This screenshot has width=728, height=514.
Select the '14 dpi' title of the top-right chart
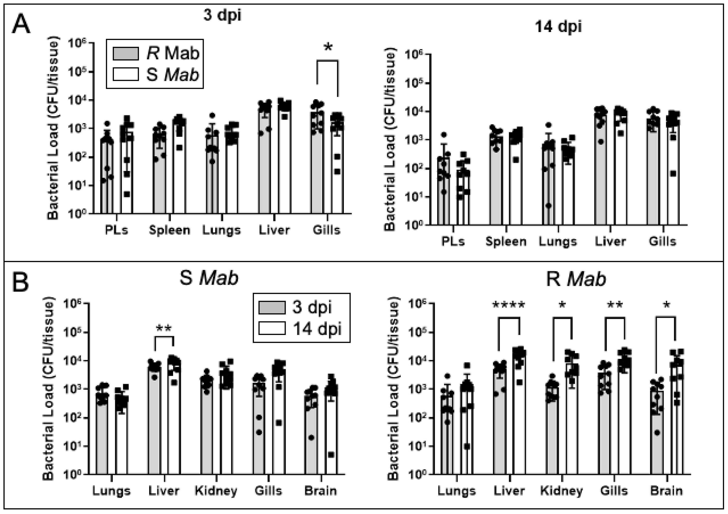coord(558,27)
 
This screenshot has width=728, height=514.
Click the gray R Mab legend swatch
coord(126,54)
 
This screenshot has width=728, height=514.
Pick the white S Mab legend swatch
coord(126,75)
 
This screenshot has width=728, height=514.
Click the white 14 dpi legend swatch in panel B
coord(272,328)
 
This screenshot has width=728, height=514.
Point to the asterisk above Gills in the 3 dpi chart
coord(328,48)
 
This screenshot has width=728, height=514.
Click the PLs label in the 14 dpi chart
coord(453,242)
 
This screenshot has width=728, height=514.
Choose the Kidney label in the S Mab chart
coord(216,491)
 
